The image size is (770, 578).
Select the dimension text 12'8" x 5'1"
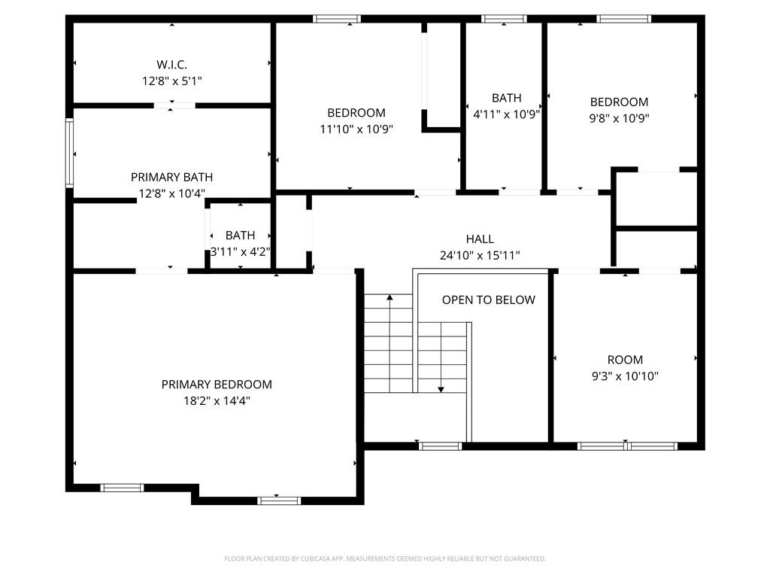pyautogui.click(x=171, y=80)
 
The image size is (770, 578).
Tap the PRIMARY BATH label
pyautogui.click(x=171, y=177)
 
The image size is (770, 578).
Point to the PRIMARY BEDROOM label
pyautogui.click(x=217, y=384)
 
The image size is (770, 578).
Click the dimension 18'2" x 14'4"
pyautogui.click(x=217, y=401)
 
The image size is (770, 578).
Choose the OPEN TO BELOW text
pyautogui.click(x=488, y=300)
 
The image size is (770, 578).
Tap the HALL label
pyautogui.click(x=480, y=239)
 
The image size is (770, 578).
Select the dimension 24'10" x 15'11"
pyautogui.click(x=480, y=256)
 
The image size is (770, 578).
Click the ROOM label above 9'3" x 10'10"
pyautogui.click(x=625, y=360)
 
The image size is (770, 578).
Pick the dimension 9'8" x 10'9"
pyautogui.click(x=619, y=118)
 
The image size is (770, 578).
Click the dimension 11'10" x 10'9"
pyautogui.click(x=356, y=129)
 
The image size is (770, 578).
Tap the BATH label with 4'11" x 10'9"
pyautogui.click(x=506, y=98)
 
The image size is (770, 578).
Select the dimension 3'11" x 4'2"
pyautogui.click(x=240, y=251)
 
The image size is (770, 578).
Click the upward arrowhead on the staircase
pyautogui.click(x=389, y=298)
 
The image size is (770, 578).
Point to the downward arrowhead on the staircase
pyautogui.click(x=441, y=389)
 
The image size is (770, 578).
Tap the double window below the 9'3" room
pyautogui.click(x=627, y=446)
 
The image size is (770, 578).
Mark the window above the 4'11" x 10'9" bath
pyautogui.click(x=504, y=19)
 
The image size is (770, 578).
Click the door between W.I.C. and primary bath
pyautogui.click(x=174, y=105)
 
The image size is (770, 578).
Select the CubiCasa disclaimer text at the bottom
pyautogui.click(x=384, y=558)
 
